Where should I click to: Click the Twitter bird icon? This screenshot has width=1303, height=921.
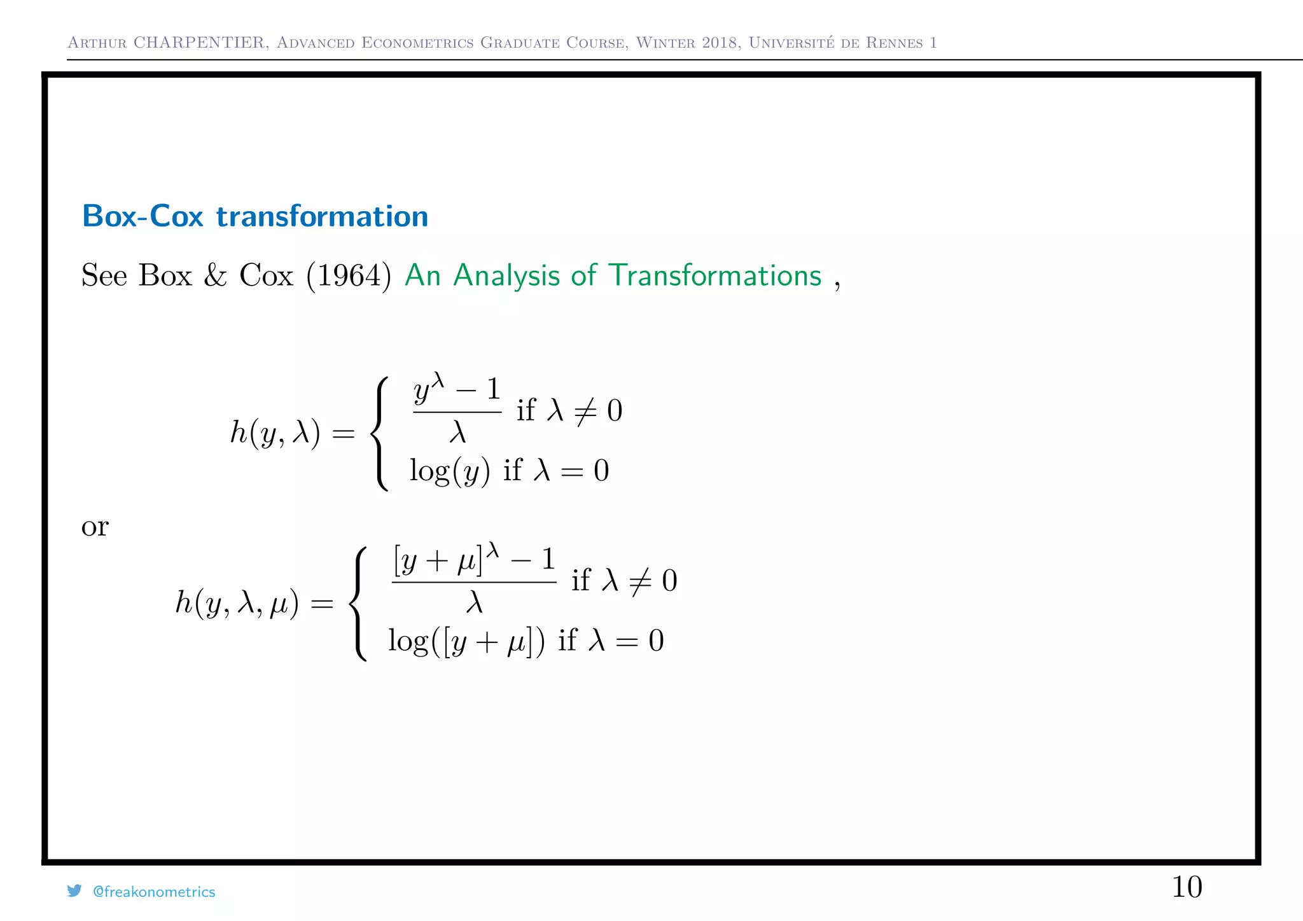click(x=74, y=890)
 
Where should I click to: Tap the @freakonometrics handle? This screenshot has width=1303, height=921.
click(x=154, y=892)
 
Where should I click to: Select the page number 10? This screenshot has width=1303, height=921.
click(x=1187, y=887)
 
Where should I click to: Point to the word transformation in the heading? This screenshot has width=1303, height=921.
click(x=322, y=216)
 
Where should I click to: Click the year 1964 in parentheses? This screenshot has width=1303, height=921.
click(x=348, y=275)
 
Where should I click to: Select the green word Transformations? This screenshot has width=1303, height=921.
click(x=715, y=275)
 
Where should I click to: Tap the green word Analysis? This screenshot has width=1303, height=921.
click(x=506, y=275)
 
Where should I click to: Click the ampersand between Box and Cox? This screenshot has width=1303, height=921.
click(x=215, y=275)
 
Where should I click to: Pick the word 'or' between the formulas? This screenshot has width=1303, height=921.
click(x=95, y=527)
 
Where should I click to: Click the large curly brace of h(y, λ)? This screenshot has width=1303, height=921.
click(x=380, y=433)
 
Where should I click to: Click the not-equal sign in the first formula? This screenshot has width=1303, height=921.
click(x=585, y=410)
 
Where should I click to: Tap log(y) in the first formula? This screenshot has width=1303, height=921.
click(x=449, y=471)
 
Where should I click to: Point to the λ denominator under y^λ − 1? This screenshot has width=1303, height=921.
click(x=457, y=433)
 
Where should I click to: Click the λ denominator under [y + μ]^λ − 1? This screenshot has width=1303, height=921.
click(x=475, y=602)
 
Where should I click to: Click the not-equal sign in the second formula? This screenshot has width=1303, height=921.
click(x=640, y=581)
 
